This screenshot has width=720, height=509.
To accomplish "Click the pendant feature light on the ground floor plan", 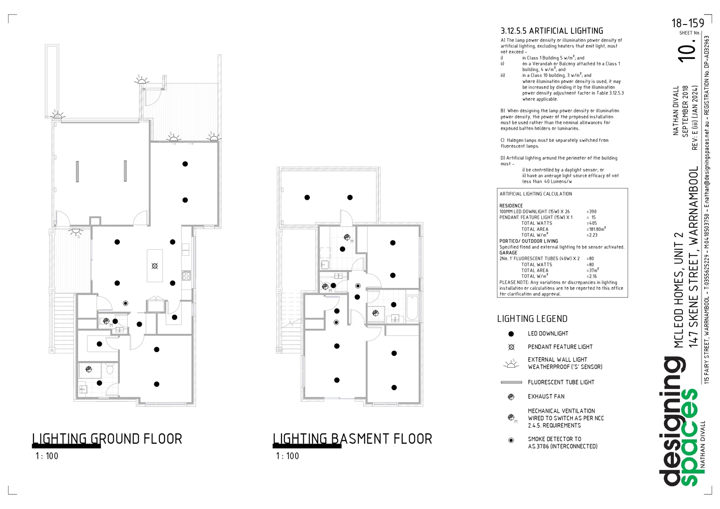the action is [155, 266].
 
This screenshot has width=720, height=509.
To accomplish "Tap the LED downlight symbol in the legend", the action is [511, 334].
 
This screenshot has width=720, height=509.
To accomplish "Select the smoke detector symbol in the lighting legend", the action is [511, 440].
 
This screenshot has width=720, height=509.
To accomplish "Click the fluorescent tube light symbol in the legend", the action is [512, 382].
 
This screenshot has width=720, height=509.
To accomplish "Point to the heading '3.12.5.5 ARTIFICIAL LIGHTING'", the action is [552, 31].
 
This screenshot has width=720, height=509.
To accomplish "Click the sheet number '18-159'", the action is [688, 23].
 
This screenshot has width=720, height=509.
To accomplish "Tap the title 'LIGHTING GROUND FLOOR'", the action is [107, 439].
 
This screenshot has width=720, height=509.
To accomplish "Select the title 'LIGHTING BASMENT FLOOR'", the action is [352, 439].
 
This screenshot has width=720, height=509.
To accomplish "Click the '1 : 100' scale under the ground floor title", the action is [47, 456].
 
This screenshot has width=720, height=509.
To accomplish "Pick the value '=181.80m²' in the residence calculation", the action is [596, 229].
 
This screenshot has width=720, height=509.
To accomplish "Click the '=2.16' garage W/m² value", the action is [592, 276].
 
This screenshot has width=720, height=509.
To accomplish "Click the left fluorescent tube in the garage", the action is [77, 172].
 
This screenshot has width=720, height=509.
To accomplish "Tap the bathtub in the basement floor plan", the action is [412, 308].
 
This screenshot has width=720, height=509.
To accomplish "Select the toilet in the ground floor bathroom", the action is [110, 369].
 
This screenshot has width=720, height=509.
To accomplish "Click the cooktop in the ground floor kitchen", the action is [186, 275].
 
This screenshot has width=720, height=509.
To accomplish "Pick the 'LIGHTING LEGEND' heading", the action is [532, 319].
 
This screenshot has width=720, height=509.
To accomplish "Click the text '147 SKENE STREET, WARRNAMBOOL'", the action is [694, 256].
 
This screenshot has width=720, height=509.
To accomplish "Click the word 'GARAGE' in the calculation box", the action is [508, 253].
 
